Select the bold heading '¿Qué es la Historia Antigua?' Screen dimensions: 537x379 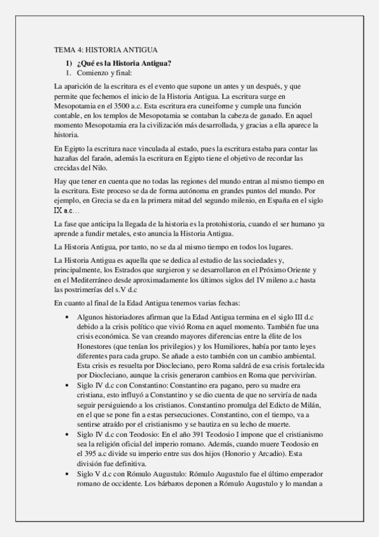pyautogui.click(x=123, y=63)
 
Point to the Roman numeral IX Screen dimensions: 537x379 pyautogui.click(x=58, y=210)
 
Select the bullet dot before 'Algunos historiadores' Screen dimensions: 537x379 pyautogui.click(x=68, y=315)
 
